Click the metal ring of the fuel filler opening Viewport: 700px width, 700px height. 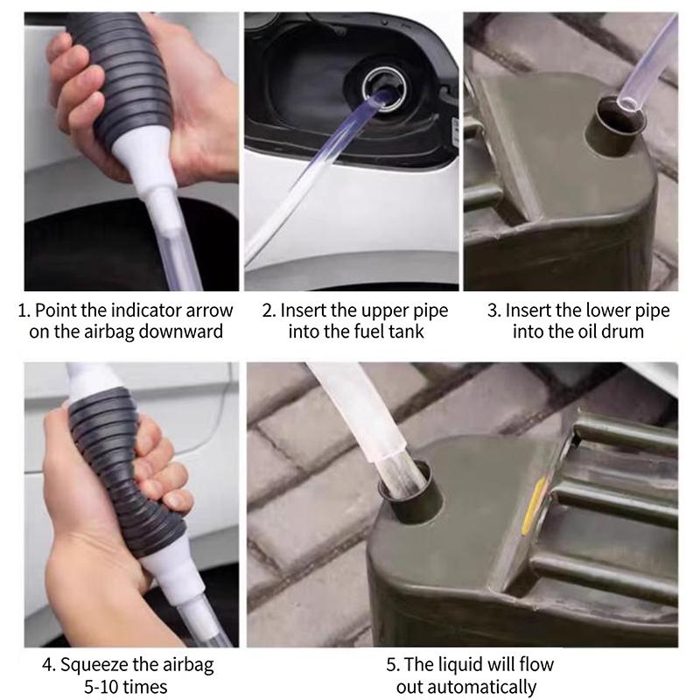(384, 89)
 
